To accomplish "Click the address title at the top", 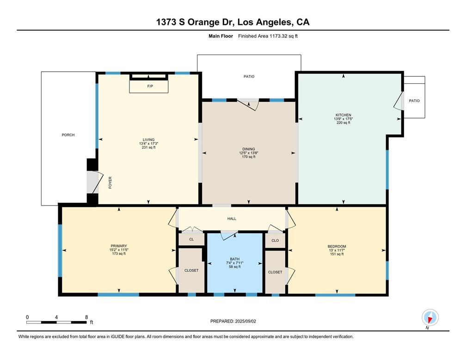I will point(233,22).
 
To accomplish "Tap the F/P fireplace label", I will point(149,87).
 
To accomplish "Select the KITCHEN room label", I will point(343,115).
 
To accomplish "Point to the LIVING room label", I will point(148,140).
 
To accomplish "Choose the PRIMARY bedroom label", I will point(118,246).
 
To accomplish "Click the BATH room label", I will point(234,259).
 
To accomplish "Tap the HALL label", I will point(232,218).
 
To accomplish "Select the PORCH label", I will point(68,135).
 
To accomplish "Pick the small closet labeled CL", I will point(191,240).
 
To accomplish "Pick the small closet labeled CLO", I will point(275,240).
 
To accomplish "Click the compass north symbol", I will point(430,318).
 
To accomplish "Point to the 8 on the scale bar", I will point(86,317).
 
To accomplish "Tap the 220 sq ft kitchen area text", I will point(343,123).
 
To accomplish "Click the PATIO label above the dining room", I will point(249,76).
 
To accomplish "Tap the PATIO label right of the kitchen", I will point(414,100).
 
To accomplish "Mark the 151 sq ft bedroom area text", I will point(337,254).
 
